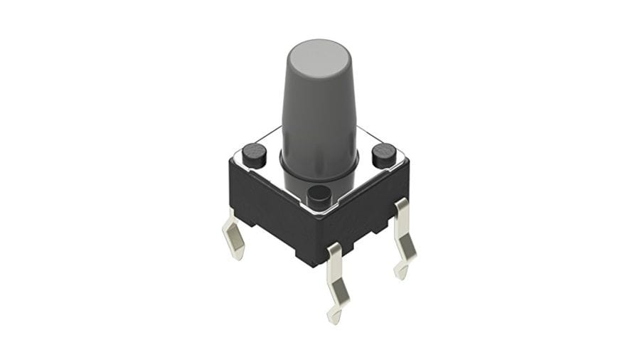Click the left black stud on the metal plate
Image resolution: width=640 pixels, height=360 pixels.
(253, 153)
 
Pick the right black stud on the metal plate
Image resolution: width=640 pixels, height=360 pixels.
(384, 154)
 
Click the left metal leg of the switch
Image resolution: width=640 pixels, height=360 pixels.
(234, 235)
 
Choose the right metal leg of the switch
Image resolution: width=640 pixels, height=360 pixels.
(404, 235)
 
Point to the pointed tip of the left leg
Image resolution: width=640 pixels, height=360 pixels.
(239, 257)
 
